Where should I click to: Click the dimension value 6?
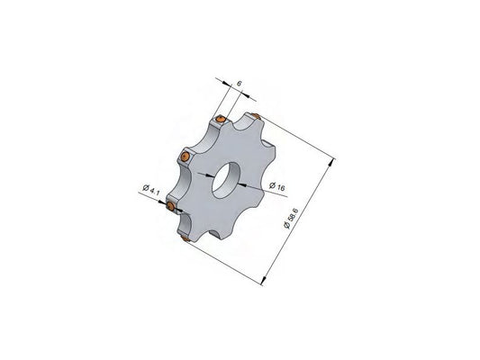pyautogui.click(x=240, y=83)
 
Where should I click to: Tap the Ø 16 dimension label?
pyautogui.click(x=277, y=186)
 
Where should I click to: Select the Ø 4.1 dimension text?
pyautogui.click(x=151, y=190)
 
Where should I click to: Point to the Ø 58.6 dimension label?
pyautogui.click(x=291, y=219)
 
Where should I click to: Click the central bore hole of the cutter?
pyautogui.click(x=227, y=181)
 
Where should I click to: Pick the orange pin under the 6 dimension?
pyautogui.click(x=221, y=119)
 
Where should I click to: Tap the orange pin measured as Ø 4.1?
pyautogui.click(x=171, y=206)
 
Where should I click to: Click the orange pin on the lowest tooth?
pyautogui.click(x=186, y=238)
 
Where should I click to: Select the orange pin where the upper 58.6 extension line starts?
pyautogui.click(x=256, y=115)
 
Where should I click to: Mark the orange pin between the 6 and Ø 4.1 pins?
pyautogui.click(x=184, y=157)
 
